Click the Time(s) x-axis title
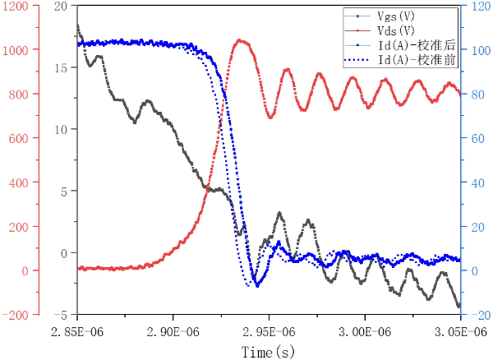pyautogui.click(x=269, y=352)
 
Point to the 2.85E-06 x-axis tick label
pyautogui.click(x=77, y=330)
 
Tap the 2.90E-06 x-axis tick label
pyautogui.click(x=173, y=330)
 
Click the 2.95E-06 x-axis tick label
pyautogui.click(x=268, y=330)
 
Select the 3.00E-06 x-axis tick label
pyautogui.click(x=363, y=330)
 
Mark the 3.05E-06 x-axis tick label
pyautogui.click(x=458, y=330)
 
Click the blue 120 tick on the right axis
pyautogui.click(x=476, y=6)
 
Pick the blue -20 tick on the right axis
pyautogui.click(x=476, y=315)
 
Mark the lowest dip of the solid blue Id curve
pyautogui.click(x=258, y=285)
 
